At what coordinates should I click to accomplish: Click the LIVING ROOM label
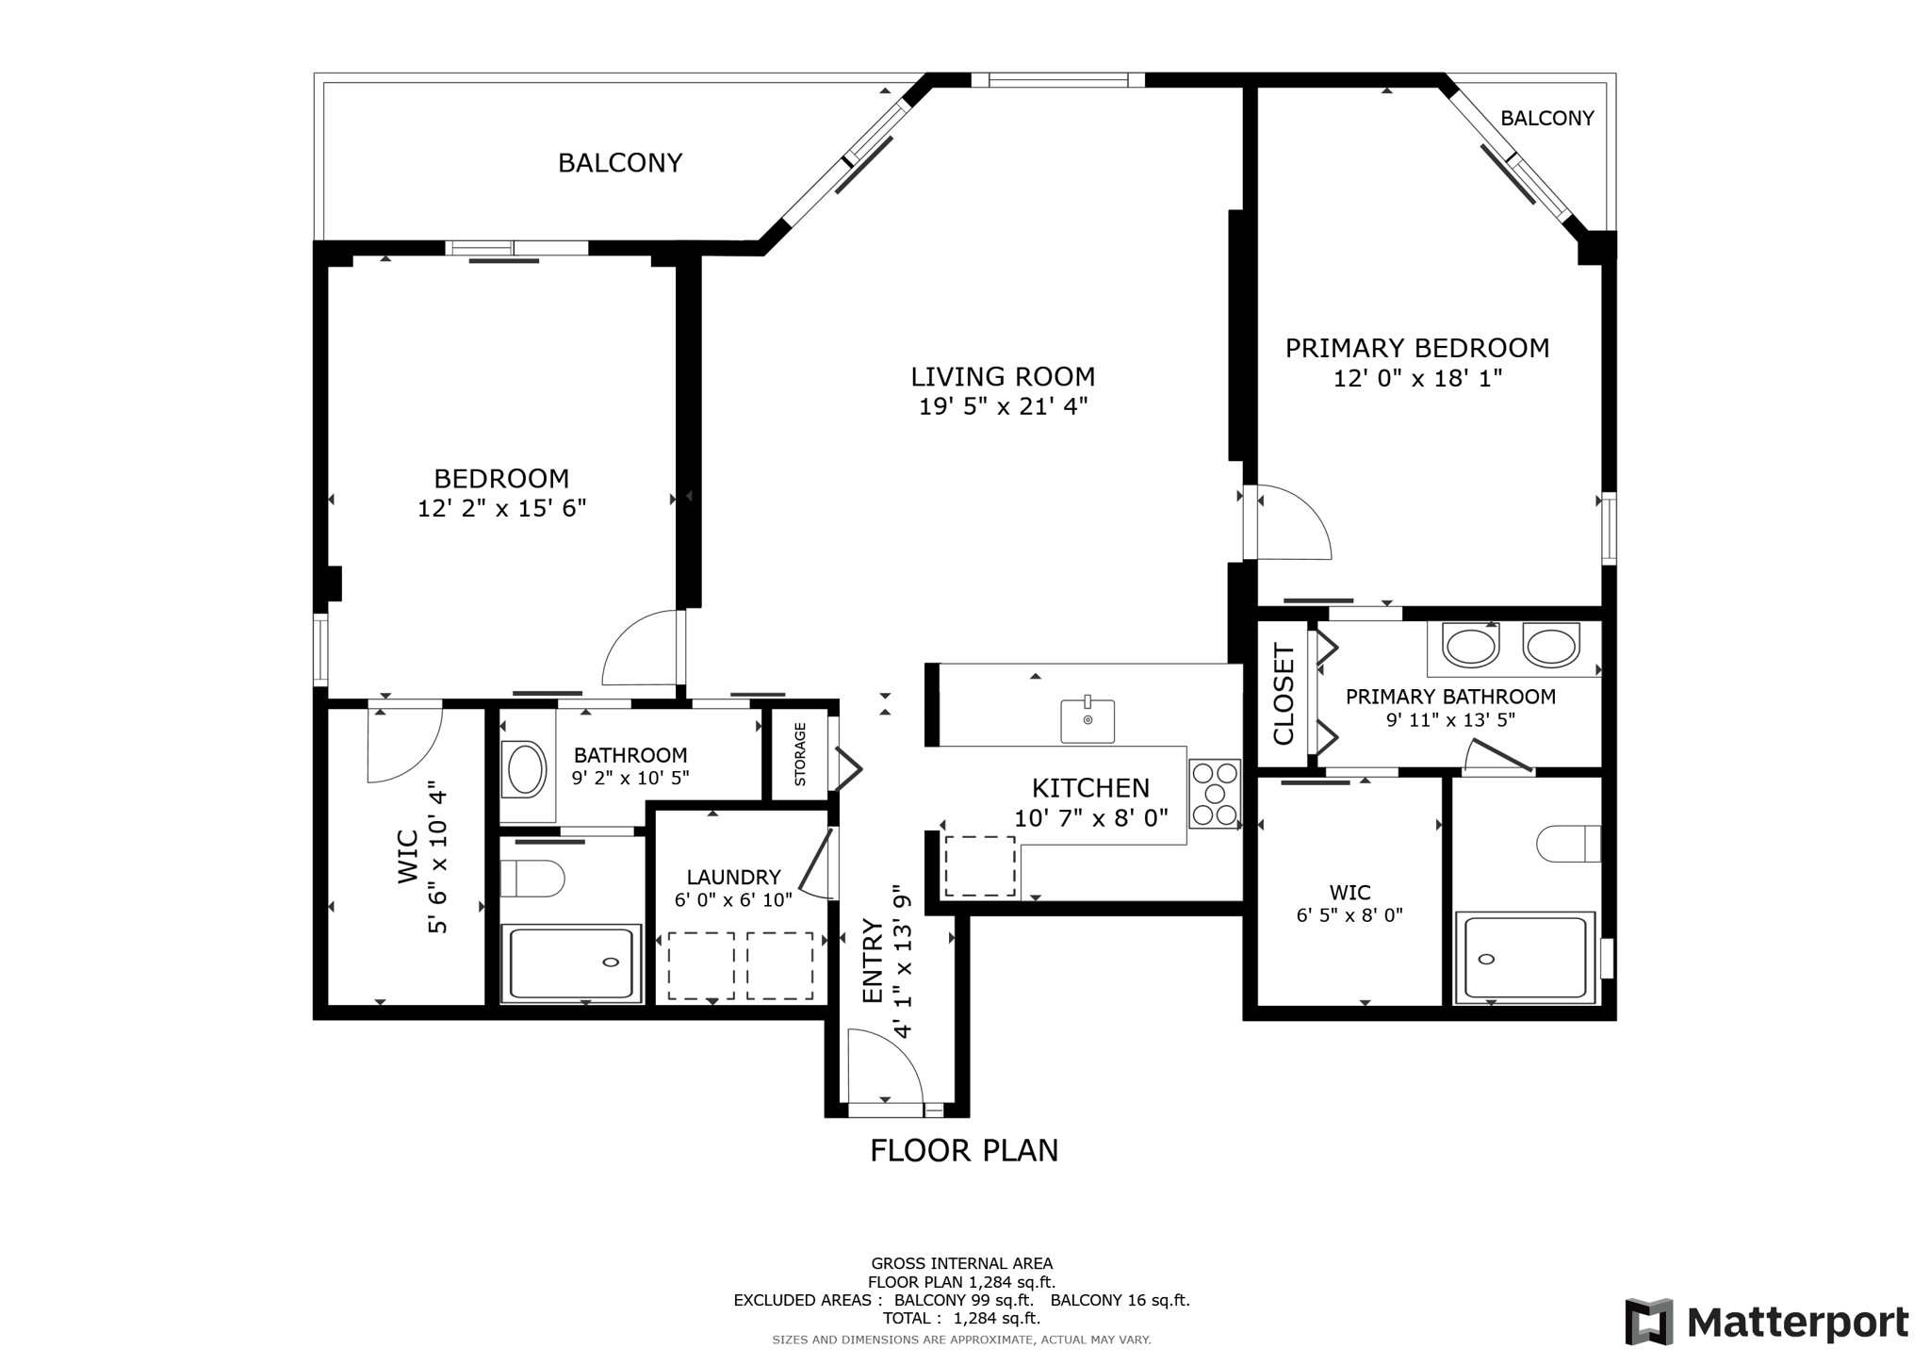click(x=1003, y=377)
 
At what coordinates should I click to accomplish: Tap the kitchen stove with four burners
click(x=1214, y=794)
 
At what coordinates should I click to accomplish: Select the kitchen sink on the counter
click(x=1088, y=721)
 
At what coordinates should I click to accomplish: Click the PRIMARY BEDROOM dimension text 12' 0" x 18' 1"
click(x=1416, y=379)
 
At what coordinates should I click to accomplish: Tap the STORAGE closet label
click(x=800, y=754)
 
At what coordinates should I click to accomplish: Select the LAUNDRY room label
click(x=733, y=878)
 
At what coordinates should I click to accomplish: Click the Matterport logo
click(x=1766, y=1322)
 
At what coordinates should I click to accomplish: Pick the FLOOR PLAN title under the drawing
click(x=964, y=1151)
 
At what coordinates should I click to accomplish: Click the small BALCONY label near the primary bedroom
click(x=1546, y=119)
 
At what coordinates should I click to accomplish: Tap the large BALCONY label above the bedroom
click(x=620, y=163)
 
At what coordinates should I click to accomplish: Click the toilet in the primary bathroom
click(x=1568, y=844)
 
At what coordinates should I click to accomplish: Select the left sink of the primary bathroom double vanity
click(x=1471, y=648)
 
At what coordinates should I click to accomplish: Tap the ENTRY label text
click(x=874, y=962)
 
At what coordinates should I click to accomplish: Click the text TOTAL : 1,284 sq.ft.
click(x=961, y=1318)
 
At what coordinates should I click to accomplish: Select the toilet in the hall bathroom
click(x=532, y=878)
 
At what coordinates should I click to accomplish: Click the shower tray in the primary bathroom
click(x=1524, y=958)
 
